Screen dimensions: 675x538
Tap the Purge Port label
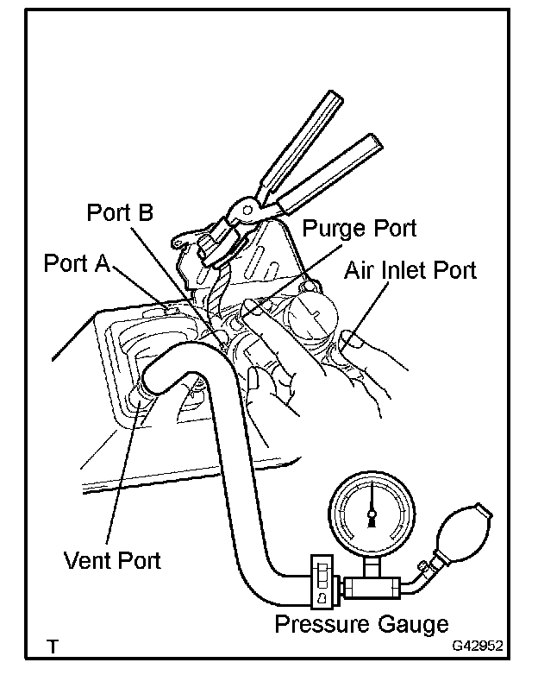point(360,229)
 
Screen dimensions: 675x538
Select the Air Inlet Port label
point(410,270)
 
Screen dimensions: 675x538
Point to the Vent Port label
point(112,559)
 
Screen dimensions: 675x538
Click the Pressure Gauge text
point(361,623)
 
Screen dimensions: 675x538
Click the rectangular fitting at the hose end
point(322,584)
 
